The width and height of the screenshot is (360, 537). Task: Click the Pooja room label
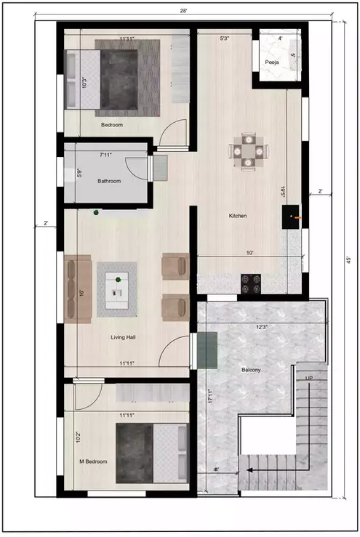point(272,62)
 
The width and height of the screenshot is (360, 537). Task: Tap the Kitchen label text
point(238,216)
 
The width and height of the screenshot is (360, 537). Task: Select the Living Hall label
point(123,336)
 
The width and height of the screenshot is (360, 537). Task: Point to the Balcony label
point(252,370)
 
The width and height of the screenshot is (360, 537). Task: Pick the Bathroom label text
point(109,181)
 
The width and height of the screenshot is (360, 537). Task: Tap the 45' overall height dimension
point(349,259)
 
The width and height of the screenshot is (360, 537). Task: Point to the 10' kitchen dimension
point(249,253)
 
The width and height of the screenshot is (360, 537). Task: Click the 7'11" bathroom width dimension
point(109,155)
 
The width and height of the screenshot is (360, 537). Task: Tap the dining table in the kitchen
point(249,151)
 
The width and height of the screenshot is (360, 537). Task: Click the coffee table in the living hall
point(117,288)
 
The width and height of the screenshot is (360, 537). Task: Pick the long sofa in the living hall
point(77,288)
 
